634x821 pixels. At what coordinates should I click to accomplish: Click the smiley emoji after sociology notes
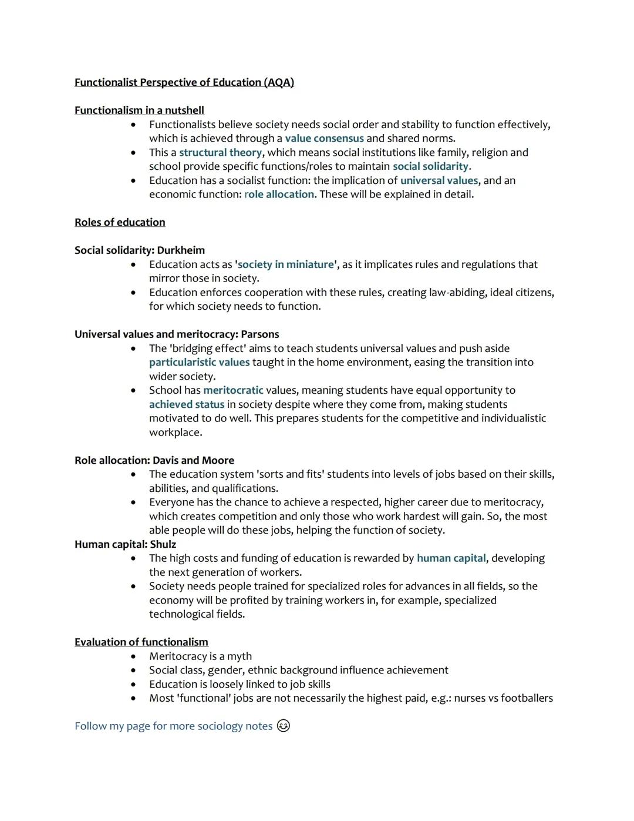point(283,726)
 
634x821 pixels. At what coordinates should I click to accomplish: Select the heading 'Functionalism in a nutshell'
point(139,110)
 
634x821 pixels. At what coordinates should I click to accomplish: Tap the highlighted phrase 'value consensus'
point(324,139)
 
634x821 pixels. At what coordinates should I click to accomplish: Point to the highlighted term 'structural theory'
point(220,153)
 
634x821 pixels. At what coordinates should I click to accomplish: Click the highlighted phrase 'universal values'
point(439,180)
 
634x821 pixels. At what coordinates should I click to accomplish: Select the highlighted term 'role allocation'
point(279,195)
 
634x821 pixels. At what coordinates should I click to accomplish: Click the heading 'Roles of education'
point(120,222)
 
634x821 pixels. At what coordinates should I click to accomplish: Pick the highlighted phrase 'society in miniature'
point(286,264)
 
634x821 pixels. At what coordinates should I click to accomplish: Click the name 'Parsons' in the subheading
point(259,334)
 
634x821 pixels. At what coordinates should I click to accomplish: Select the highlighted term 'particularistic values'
point(199,363)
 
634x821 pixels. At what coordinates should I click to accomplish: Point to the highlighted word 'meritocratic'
point(233,390)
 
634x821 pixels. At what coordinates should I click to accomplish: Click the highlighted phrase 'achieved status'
point(187,404)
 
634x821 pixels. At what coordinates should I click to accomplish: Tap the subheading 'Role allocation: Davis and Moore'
point(154,460)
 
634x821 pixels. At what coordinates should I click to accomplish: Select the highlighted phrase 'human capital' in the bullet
point(451,558)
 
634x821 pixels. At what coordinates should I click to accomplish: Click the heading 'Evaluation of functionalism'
point(141,642)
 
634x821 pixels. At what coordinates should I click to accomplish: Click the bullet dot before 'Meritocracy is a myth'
point(133,656)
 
